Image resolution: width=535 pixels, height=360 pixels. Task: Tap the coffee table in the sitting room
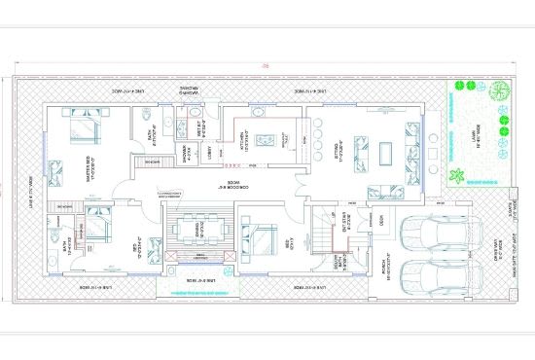[x=384, y=152]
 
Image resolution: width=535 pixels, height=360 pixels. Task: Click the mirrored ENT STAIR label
[x=345, y=226]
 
